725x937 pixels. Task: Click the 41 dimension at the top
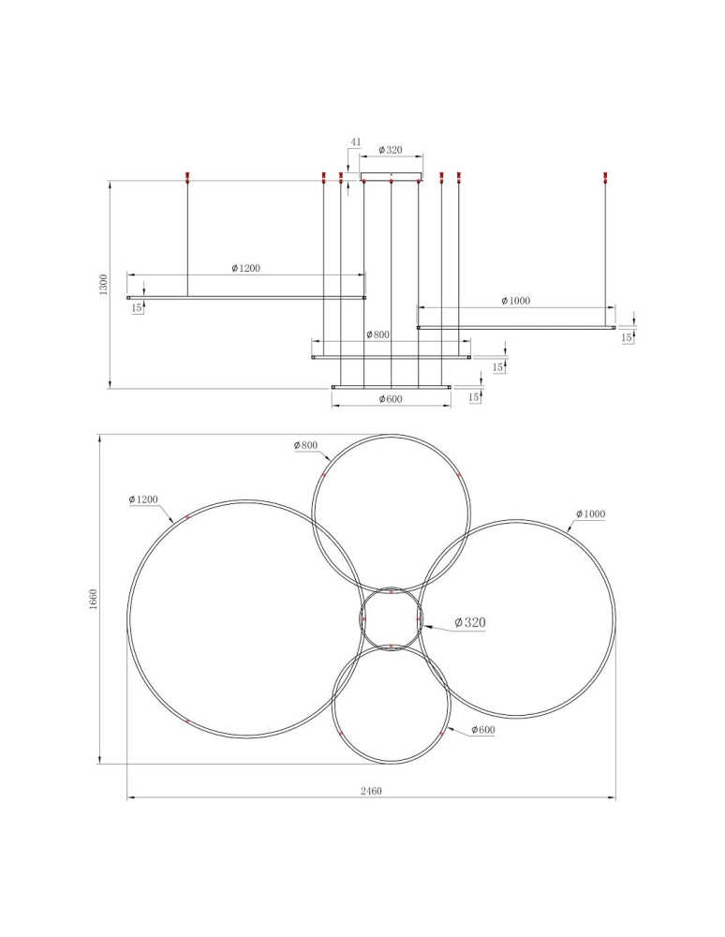[x=355, y=142]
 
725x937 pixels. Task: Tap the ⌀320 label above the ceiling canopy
[x=390, y=150]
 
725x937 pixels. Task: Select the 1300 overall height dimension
[x=104, y=284]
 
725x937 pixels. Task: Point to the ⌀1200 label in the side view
[x=245, y=268]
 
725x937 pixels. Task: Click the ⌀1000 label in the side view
[x=515, y=301]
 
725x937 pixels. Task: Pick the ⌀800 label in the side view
[x=377, y=335]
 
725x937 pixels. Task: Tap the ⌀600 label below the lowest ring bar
[x=391, y=399]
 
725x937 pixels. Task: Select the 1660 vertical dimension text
[x=93, y=599]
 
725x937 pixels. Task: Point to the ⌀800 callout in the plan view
[x=305, y=445]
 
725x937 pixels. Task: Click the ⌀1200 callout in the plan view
[x=143, y=500]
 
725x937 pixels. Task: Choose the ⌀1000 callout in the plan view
[x=592, y=514]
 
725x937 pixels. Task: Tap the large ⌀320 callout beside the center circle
[x=470, y=622]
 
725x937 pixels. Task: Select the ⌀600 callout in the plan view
[x=482, y=730]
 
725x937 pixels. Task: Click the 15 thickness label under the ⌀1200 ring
[x=138, y=307]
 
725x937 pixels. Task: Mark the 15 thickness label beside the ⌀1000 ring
[x=626, y=337]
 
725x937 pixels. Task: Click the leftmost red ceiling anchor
[x=188, y=176]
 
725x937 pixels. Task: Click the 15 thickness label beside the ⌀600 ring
[x=474, y=397]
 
